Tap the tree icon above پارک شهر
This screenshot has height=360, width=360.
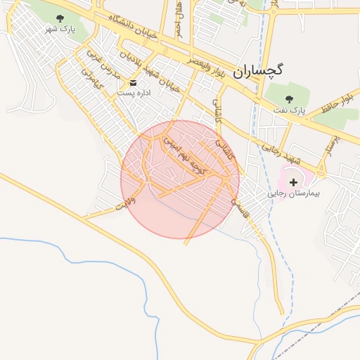[59, 19]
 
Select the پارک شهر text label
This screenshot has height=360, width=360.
[59, 30]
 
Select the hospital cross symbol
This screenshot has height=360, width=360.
[293, 182]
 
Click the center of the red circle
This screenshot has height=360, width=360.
[180, 179]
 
